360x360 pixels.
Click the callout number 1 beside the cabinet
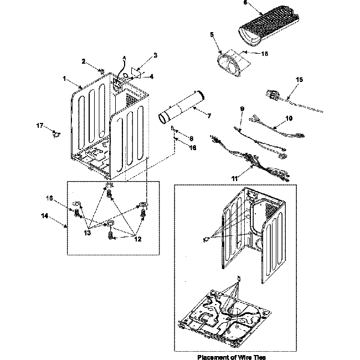click(x=65, y=79)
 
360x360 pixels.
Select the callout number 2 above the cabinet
click(x=84, y=61)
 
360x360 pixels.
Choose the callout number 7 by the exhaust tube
click(x=209, y=116)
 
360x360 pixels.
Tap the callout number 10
click(x=289, y=118)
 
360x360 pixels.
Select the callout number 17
click(x=39, y=127)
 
